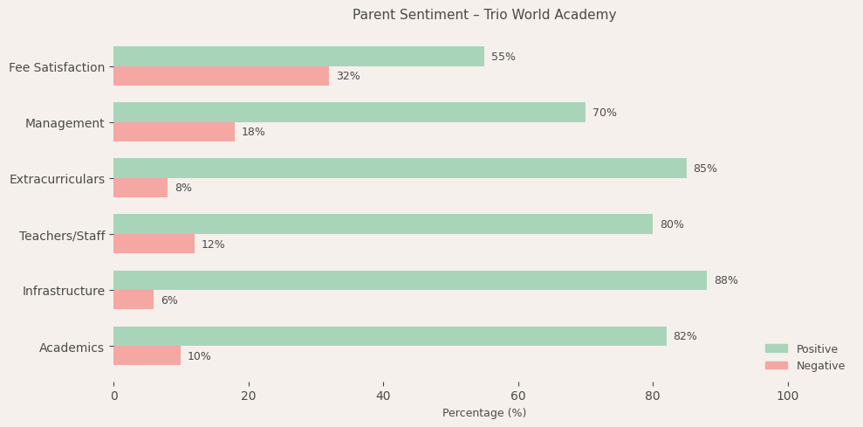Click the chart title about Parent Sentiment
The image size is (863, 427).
click(484, 15)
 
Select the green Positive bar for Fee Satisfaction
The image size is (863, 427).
click(298, 57)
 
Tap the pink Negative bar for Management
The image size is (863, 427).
click(174, 132)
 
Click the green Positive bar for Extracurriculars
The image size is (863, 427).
click(400, 169)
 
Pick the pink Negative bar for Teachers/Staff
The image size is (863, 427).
click(154, 244)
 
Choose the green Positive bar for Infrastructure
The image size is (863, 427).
click(410, 280)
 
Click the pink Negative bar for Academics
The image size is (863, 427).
click(147, 355)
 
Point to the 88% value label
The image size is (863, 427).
click(726, 280)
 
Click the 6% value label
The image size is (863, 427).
click(169, 300)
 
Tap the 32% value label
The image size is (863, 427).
click(348, 76)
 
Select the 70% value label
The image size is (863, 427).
click(605, 113)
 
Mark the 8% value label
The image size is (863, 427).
click(183, 188)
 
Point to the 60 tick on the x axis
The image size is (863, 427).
click(518, 396)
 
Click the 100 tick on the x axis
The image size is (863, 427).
click(788, 396)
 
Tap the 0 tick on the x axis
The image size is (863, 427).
click(113, 396)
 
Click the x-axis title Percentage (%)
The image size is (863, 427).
click(484, 413)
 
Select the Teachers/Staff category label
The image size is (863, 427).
click(62, 236)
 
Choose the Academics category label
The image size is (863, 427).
click(72, 348)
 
